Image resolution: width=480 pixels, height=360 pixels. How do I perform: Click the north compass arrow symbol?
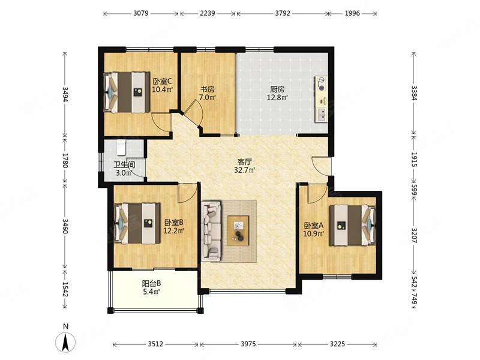click(x=65, y=341)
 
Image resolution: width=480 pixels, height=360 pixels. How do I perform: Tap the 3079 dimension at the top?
click(x=141, y=13)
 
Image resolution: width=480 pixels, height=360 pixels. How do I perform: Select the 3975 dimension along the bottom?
click(x=248, y=344)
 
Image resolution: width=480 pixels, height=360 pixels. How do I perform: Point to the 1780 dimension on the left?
click(x=65, y=160)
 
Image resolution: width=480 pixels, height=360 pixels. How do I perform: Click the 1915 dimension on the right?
click(x=414, y=160)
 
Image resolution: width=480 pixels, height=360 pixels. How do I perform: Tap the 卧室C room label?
click(x=162, y=82)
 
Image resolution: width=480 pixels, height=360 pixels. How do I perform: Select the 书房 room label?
click(x=207, y=89)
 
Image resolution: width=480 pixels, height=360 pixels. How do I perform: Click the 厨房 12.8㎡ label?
click(x=278, y=94)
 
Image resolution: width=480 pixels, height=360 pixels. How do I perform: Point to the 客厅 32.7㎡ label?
click(x=245, y=166)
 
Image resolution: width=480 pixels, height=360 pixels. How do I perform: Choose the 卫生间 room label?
click(x=124, y=164)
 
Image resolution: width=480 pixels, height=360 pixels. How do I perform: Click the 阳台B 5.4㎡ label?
click(x=152, y=287)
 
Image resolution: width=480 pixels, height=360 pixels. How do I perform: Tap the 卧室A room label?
click(x=313, y=226)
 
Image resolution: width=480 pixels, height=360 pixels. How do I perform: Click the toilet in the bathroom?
click(x=122, y=147)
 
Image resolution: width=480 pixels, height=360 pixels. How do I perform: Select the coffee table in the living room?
click(x=238, y=230)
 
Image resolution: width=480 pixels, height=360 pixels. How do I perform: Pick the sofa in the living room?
click(x=211, y=231)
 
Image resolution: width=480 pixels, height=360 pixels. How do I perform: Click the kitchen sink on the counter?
click(x=322, y=115)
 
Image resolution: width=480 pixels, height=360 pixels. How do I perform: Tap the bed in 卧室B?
click(x=137, y=224)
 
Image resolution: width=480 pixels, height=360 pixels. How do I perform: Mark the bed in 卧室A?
click(x=352, y=226)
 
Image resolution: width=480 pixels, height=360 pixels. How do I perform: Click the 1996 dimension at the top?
click(x=352, y=13)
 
